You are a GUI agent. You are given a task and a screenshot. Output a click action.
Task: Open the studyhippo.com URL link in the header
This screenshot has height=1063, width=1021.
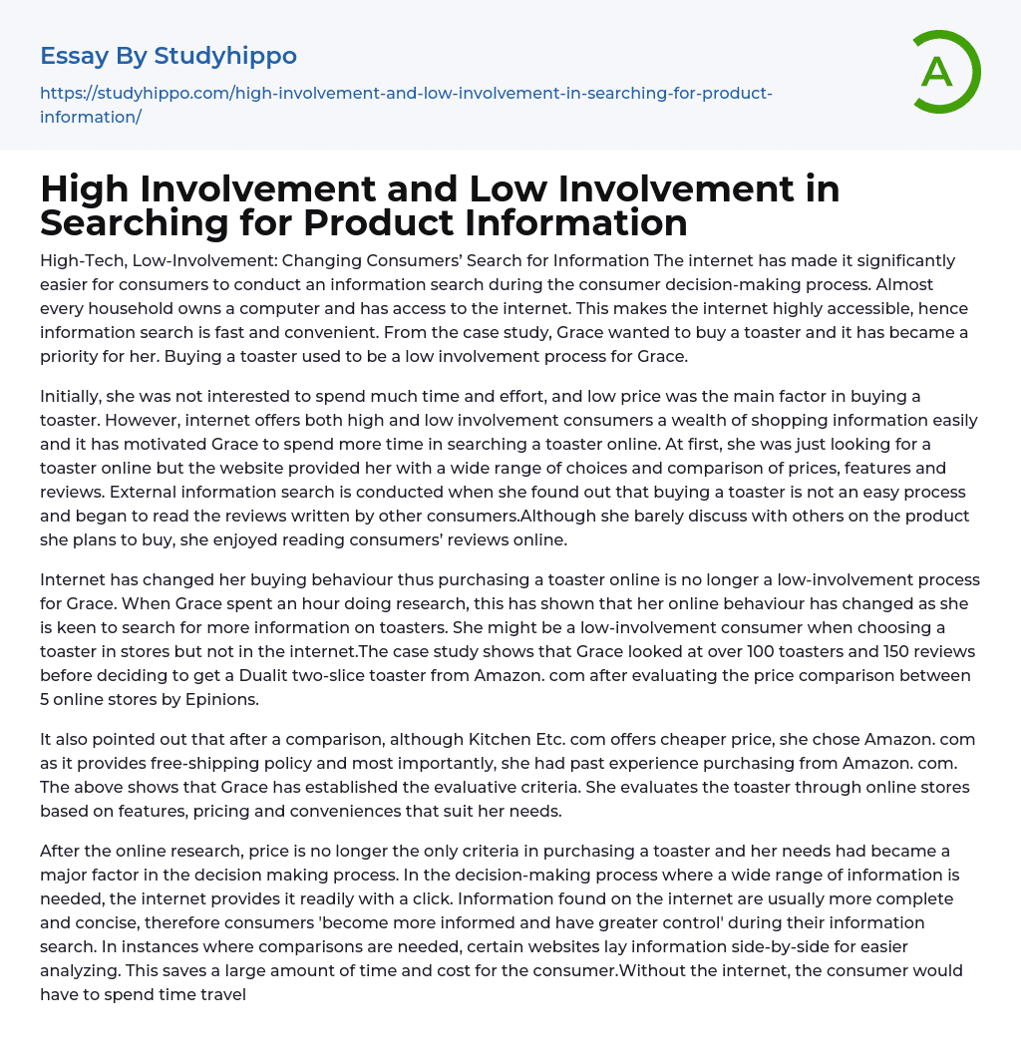tap(406, 94)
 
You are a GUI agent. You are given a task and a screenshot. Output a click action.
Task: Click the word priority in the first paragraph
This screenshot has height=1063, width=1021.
tap(71, 357)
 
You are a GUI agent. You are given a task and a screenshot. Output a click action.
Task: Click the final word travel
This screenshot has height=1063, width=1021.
tap(220, 995)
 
